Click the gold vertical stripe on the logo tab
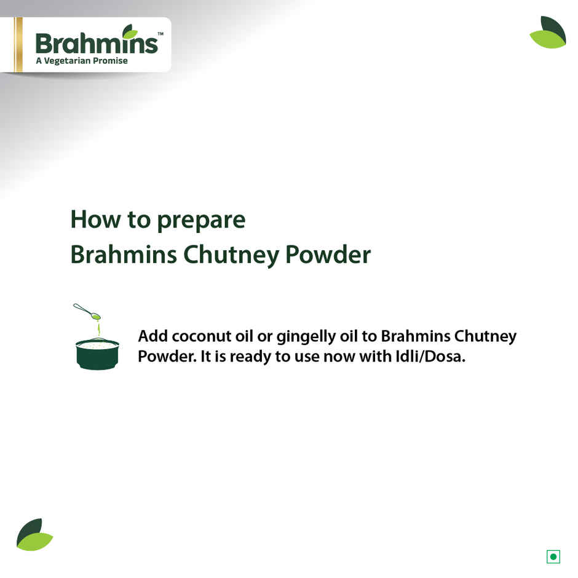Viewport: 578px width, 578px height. [18, 44]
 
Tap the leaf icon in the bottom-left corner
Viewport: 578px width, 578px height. [34, 534]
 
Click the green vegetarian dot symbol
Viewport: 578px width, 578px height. [553, 557]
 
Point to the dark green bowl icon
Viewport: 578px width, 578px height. [97, 354]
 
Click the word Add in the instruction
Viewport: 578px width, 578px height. [152, 337]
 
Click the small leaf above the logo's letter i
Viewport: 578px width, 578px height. [130, 31]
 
